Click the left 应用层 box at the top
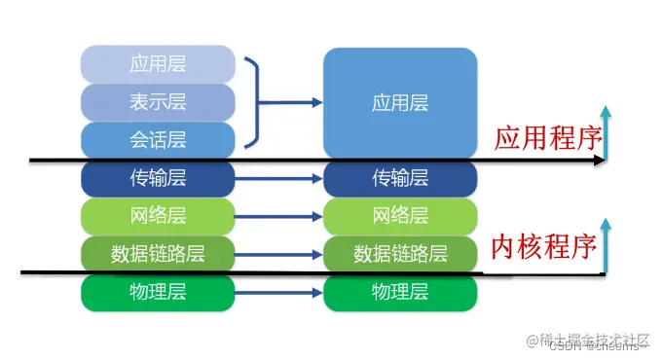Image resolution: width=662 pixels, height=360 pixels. [x=158, y=64]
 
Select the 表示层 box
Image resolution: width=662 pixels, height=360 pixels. [x=158, y=102]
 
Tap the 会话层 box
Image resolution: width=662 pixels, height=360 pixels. [x=158, y=139]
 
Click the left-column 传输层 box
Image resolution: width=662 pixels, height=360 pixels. [x=158, y=178]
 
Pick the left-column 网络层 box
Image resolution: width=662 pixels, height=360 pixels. [x=158, y=216]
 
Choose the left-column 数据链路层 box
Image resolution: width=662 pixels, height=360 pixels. [x=158, y=254]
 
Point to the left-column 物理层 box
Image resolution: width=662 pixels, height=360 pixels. [x=158, y=292]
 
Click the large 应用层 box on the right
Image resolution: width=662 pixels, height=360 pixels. [x=400, y=102]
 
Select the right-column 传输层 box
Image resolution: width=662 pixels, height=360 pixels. [x=400, y=178]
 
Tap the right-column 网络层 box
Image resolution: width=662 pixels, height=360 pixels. [x=400, y=216]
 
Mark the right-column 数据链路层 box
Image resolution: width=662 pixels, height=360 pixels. [x=400, y=254]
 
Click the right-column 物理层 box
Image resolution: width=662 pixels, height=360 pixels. [x=400, y=292]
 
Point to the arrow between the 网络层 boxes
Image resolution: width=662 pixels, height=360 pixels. [x=278, y=216]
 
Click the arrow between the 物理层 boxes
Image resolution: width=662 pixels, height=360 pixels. [x=278, y=292]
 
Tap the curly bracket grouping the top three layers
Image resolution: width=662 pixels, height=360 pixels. [x=255, y=102]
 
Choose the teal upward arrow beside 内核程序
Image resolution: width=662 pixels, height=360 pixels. [x=605, y=249]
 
